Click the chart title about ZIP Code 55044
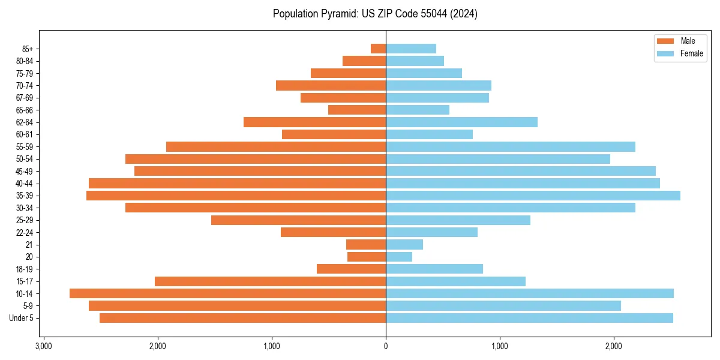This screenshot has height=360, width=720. pyautogui.click(x=375, y=14)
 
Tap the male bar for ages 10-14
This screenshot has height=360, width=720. pyautogui.click(x=228, y=293)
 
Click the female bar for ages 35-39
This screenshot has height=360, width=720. pyautogui.click(x=533, y=196)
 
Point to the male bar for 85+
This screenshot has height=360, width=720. pyautogui.click(x=379, y=49)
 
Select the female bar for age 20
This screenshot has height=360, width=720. pyautogui.click(x=399, y=257)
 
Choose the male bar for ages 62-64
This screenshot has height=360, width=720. pyautogui.click(x=315, y=122)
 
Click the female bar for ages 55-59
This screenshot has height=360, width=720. pyautogui.click(x=511, y=146)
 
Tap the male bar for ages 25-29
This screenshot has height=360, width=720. pyautogui.click(x=299, y=220)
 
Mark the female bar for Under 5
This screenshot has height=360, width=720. pyautogui.click(x=529, y=318)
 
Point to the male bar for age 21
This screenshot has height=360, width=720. pyautogui.click(x=366, y=245)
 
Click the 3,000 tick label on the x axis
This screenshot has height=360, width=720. pyautogui.click(x=44, y=346)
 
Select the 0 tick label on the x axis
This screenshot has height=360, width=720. pyautogui.click(x=386, y=346)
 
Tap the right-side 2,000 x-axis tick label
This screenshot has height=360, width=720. pyautogui.click(x=613, y=346)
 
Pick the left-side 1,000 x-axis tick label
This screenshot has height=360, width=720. pyautogui.click(x=272, y=346)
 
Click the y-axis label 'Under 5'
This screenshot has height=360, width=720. pyautogui.click(x=22, y=318)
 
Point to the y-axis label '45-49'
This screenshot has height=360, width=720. pyautogui.click(x=25, y=171)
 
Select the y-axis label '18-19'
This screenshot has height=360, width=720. pyautogui.click(x=25, y=269)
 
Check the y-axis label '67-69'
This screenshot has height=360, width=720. pyautogui.click(x=25, y=98)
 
